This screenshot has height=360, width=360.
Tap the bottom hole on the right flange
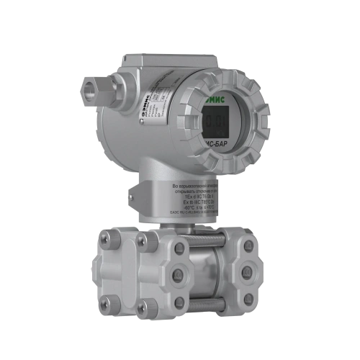[248, 297]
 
